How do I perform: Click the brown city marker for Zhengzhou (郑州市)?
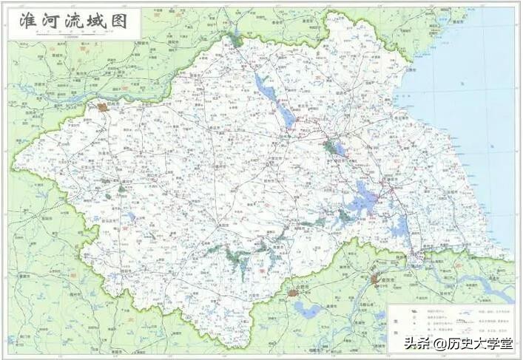[x=102, y=107]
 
